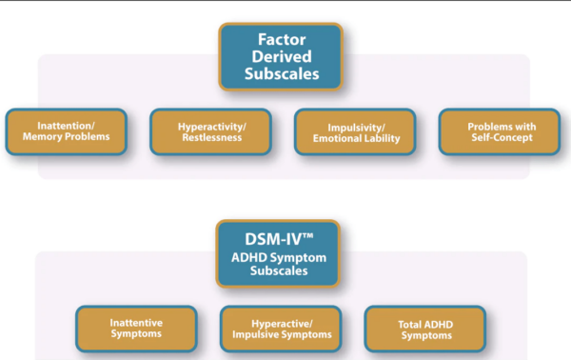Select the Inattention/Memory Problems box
[66, 131]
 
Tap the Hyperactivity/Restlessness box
[209, 131]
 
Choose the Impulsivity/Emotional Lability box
[354, 131]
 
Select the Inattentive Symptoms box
[135, 329]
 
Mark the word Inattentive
[135, 322]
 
